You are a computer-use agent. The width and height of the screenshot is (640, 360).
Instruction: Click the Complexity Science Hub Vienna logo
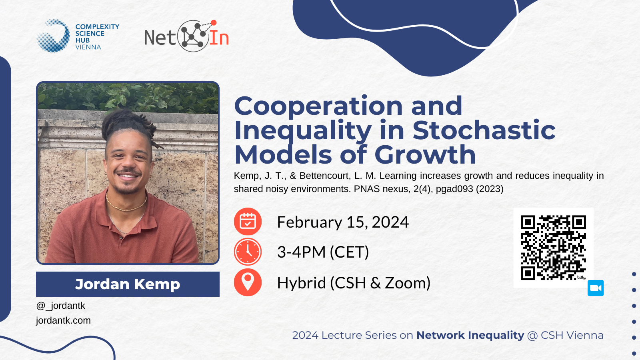tap(78, 36)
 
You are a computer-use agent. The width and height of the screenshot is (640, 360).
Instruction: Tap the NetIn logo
tap(186, 36)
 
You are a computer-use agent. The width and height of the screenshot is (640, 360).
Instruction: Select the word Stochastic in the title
tap(484, 130)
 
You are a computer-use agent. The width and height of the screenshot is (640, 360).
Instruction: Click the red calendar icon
tap(248, 222)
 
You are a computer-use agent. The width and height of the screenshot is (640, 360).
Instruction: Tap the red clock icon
tap(248, 252)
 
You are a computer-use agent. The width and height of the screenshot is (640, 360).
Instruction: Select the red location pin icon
tap(248, 282)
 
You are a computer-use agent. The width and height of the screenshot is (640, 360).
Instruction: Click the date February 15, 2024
tap(343, 222)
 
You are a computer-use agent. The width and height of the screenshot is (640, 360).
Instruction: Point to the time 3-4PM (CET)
tap(323, 252)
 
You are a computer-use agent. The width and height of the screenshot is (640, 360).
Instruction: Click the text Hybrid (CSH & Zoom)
tap(354, 283)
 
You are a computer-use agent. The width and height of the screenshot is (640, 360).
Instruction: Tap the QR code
tap(554, 248)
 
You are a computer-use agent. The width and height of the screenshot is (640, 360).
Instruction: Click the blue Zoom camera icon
tap(596, 288)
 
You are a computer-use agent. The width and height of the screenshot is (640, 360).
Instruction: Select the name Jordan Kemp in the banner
tap(128, 284)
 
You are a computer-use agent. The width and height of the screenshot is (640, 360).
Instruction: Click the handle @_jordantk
tap(60, 306)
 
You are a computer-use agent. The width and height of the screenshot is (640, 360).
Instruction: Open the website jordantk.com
tap(64, 320)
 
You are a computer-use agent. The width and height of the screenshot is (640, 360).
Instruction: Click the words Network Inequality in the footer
tap(470, 335)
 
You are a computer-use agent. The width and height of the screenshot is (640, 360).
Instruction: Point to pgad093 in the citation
tap(454, 189)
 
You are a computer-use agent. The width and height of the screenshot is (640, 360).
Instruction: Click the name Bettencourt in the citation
tap(325, 176)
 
